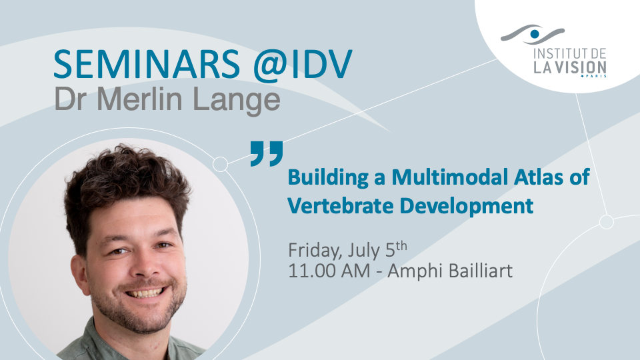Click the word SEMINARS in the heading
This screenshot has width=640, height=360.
pyautogui.click(x=147, y=64)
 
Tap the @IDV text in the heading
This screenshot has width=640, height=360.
pyautogui.click(x=303, y=65)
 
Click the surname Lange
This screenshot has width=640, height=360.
pyautogui.click(x=236, y=101)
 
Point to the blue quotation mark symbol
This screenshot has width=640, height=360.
pyautogui.click(x=267, y=153)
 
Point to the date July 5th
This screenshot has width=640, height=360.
pyautogui.click(x=377, y=250)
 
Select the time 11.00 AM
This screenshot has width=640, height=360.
pyautogui.click(x=329, y=271)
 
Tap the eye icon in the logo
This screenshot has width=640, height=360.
pyautogui.click(x=533, y=34)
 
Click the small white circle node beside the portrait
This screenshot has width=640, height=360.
pyautogui.click(x=221, y=164)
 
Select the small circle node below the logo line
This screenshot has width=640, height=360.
pyautogui.click(x=607, y=221)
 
